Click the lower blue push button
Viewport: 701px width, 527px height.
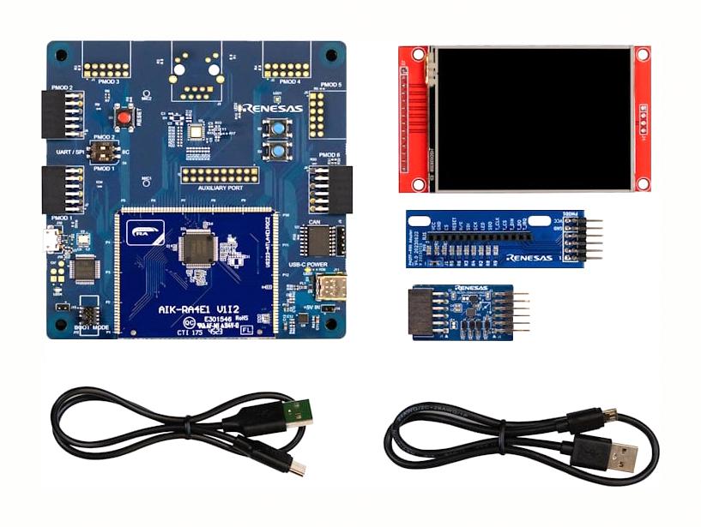(x=280, y=153)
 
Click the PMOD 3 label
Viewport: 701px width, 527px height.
(x=107, y=81)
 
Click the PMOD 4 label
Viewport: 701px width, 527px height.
(x=289, y=81)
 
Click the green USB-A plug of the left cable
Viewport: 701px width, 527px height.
(x=293, y=417)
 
